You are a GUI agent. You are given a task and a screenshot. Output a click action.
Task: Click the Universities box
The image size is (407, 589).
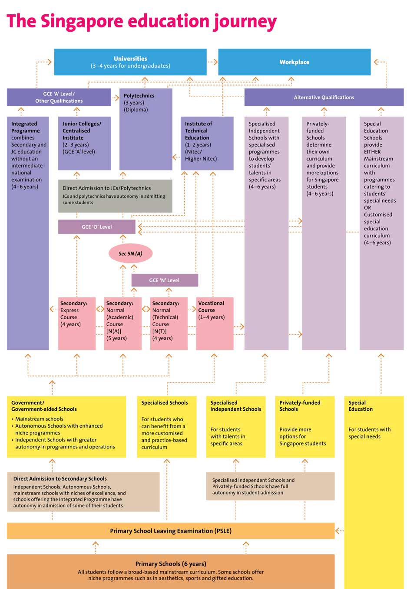130,62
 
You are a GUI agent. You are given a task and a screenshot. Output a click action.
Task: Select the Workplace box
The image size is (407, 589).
294,62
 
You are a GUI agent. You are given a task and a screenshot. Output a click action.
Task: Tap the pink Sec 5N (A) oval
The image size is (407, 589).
131,253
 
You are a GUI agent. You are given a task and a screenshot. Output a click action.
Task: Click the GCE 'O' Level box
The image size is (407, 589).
96,227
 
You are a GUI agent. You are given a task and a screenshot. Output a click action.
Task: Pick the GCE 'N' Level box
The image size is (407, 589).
165,280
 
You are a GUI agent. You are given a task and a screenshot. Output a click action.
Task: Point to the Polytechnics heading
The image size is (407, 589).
139,96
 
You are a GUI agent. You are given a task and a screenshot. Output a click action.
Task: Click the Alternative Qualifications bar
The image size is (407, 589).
324,97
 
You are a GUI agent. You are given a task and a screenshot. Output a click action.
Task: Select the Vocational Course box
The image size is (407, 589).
215,324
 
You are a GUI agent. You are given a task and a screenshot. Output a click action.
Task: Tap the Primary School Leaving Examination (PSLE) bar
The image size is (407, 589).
171,530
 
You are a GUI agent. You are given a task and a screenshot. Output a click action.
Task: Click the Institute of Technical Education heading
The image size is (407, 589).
199,131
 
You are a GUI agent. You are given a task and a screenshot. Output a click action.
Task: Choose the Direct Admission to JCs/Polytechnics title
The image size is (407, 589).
106,188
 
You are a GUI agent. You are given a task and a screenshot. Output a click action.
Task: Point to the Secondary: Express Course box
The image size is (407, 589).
76,324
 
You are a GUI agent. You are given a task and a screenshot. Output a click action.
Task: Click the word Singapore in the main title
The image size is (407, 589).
82,22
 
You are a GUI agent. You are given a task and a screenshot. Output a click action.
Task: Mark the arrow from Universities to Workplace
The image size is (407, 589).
213,62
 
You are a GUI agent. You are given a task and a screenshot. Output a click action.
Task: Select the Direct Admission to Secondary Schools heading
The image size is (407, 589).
60,478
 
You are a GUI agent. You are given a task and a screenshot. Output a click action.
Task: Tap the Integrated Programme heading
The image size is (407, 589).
26,127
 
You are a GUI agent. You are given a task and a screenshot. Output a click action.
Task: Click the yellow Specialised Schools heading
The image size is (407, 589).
165,402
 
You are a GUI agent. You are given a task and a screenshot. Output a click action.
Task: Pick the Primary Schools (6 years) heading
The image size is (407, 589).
171,563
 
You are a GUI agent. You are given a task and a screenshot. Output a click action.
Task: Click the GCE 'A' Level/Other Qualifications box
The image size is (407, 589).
59,97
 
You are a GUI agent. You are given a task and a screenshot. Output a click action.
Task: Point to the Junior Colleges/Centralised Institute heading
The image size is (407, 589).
82,131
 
